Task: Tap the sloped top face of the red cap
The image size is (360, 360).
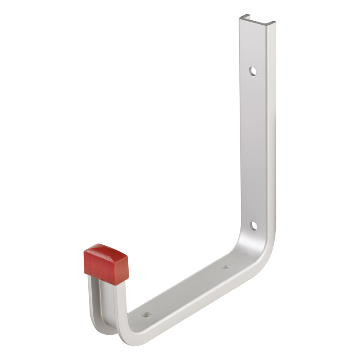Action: click(x=104, y=250)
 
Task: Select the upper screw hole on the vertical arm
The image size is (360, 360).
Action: click(x=253, y=71)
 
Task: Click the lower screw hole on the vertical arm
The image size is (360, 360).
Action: click(x=253, y=225)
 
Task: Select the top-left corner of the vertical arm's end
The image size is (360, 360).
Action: click(x=239, y=16)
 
